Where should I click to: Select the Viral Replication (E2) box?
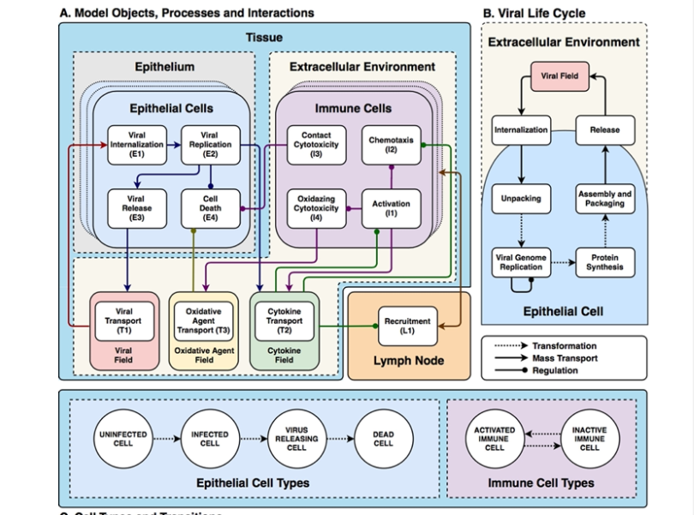tap(209, 146)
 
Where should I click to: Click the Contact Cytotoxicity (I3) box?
tap(317, 145)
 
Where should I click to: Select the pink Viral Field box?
tap(559, 76)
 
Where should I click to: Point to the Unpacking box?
tap(521, 199)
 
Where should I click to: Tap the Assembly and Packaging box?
tap(605, 199)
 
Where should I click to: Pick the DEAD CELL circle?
tap(383, 439)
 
